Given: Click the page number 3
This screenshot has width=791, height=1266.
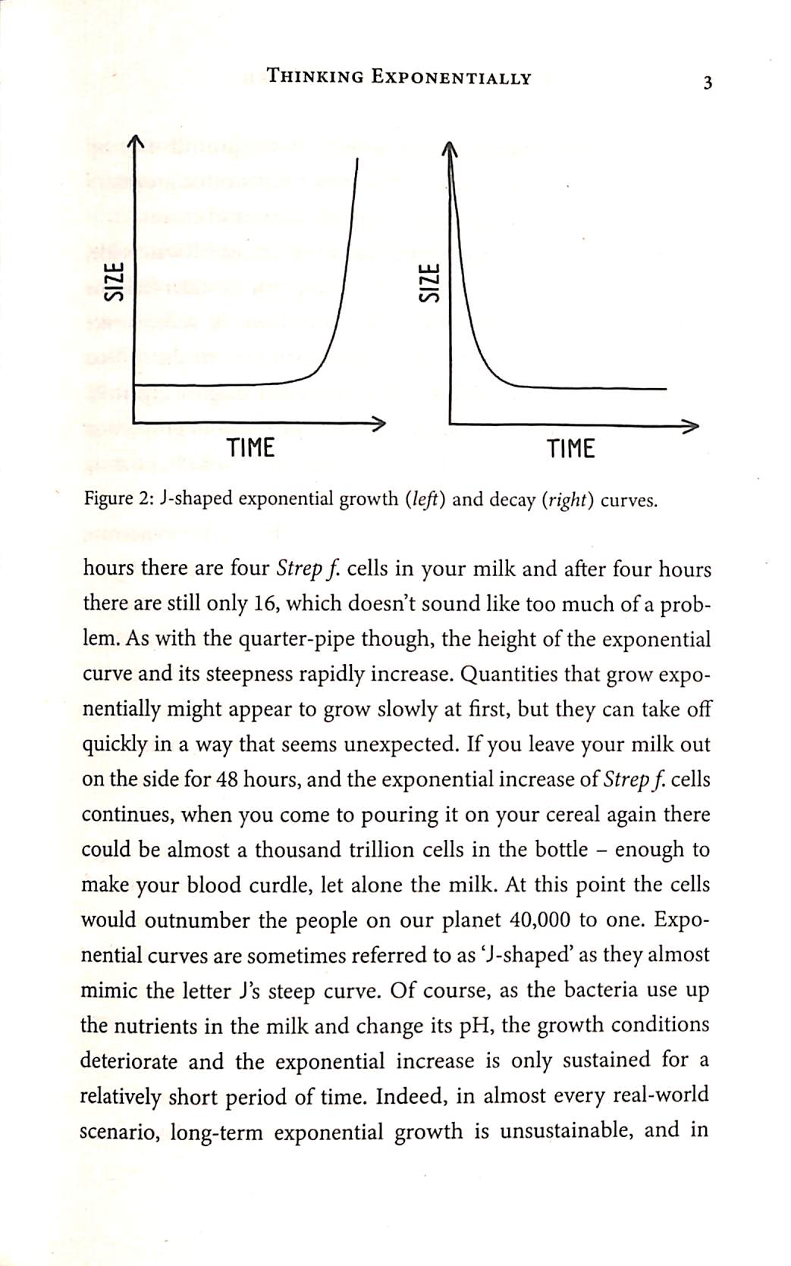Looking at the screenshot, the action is point(707,83).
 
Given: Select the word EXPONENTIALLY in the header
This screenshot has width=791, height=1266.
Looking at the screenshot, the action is point(450,77).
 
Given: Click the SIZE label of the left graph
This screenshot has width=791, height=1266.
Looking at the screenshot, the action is point(114,282).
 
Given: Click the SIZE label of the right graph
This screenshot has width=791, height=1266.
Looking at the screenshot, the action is point(429,283).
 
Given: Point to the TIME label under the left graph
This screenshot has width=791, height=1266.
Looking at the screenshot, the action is point(251,449).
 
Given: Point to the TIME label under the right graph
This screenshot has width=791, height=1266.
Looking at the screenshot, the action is point(571,450).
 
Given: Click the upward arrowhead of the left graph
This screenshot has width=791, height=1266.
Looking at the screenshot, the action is point(134,142).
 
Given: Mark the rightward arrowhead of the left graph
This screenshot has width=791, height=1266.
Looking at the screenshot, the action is point(379,423).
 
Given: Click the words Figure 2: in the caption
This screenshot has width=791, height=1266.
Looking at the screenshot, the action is point(119,500).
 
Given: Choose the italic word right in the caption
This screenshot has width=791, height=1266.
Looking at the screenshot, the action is point(563,501).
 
